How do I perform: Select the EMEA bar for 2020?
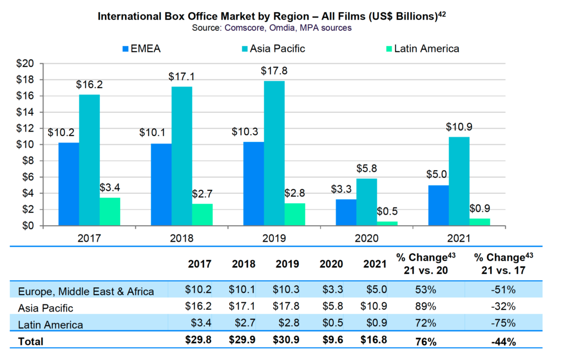coord(346,212)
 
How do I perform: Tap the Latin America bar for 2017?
coord(110,211)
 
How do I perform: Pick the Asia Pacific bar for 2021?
coord(459,181)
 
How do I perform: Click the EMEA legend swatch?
coord(125,48)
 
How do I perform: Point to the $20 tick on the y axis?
coord(27,64)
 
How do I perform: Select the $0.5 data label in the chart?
coord(387,211)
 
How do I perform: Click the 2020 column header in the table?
coord(331,264)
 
